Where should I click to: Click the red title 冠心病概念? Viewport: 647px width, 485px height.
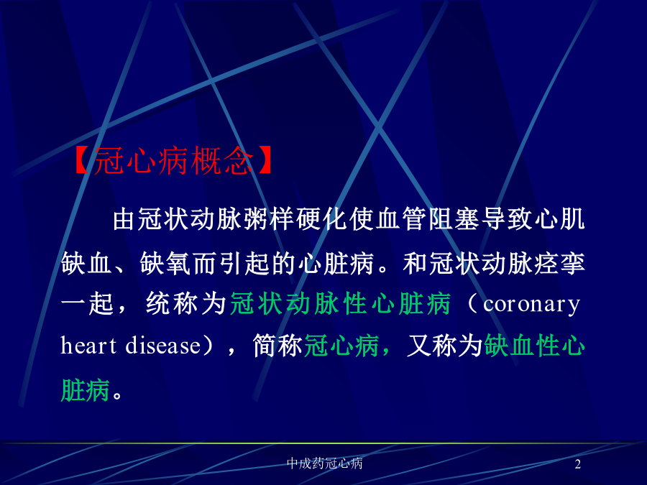pyautogui.click(x=173, y=160)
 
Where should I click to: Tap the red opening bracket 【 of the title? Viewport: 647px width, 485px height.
pyautogui.click(x=82, y=160)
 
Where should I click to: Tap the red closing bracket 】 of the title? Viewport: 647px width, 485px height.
pyautogui.click(x=264, y=160)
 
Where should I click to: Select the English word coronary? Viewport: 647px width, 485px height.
pyautogui.click(x=531, y=305)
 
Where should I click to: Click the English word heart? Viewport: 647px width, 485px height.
pyautogui.click(x=88, y=345)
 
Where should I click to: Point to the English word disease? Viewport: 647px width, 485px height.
pyautogui.click(x=163, y=345)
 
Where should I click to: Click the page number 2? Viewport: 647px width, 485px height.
pyautogui.click(x=578, y=464)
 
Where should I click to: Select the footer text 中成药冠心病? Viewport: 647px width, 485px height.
pyautogui.click(x=325, y=463)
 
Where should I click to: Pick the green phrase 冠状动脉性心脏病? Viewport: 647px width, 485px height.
pyautogui.click(x=340, y=304)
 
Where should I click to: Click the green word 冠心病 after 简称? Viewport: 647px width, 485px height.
pyautogui.click(x=341, y=345)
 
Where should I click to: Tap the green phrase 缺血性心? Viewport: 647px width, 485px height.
pyautogui.click(x=534, y=345)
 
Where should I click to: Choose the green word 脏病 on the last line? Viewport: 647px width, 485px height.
pyautogui.click(x=86, y=389)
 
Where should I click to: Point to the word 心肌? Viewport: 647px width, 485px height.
pyautogui.click(x=559, y=218)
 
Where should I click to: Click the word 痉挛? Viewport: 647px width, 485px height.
pyautogui.click(x=559, y=263)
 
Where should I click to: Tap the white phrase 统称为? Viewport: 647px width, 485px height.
pyautogui.click(x=185, y=304)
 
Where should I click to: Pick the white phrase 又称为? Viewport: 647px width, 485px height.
pyautogui.click(x=445, y=345)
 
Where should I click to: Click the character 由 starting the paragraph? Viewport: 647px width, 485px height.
pyautogui.click(x=124, y=218)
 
